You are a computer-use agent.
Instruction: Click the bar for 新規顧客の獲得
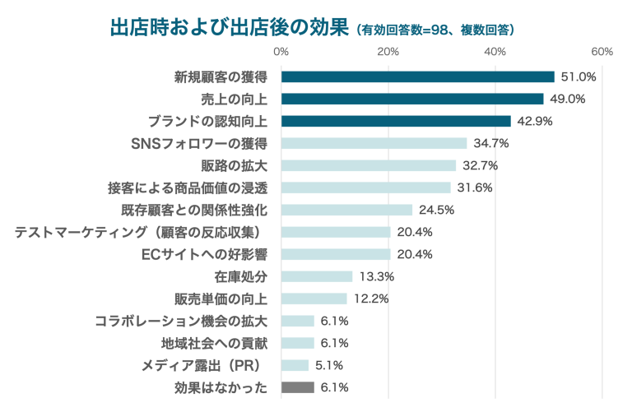[417, 76]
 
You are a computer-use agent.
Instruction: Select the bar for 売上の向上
[412, 99]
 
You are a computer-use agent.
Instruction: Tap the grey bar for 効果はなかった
[298, 387]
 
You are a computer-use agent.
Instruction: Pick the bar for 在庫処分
[317, 276]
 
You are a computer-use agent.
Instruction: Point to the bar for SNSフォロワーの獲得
[374, 143]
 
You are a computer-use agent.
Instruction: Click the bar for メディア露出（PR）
[295, 365]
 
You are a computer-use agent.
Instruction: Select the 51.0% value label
[578, 76]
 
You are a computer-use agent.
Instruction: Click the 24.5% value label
[436, 210]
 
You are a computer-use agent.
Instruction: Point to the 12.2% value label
[370, 299]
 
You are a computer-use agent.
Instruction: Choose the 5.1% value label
[329, 365]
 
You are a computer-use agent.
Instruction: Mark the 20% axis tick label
[388, 52]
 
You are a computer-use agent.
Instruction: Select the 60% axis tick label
[602, 52]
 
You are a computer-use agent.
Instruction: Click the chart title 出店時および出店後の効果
[230, 27]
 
